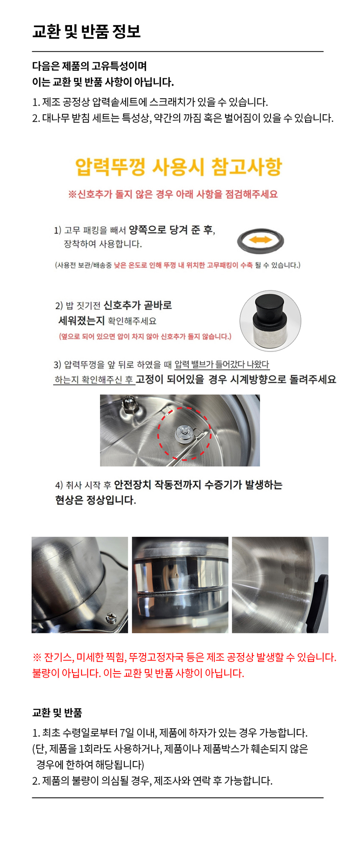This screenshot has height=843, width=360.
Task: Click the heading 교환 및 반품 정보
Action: (86, 31)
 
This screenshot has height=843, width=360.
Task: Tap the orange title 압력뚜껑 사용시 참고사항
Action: (179, 167)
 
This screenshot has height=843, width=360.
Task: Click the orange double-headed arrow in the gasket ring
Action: (260, 240)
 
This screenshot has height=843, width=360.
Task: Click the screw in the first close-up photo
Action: (111, 616)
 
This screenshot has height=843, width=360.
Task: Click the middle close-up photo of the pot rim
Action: (180, 585)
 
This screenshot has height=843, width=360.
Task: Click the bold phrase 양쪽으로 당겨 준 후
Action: (171, 230)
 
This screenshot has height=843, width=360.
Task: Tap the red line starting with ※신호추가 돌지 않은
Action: (173, 194)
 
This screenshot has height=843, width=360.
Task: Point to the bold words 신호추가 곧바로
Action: (138, 305)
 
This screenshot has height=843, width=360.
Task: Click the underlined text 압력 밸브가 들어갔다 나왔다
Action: (222, 364)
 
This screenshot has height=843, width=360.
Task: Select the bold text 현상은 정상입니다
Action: (95, 500)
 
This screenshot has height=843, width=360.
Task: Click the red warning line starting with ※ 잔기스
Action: (184, 657)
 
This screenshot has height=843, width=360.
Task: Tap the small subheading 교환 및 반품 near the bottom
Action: (57, 712)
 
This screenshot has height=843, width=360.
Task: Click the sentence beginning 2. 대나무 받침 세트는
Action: (183, 118)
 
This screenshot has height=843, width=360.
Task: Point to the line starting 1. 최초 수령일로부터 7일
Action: (170, 733)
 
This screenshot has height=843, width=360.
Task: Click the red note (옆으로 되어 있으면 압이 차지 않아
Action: (145, 336)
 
